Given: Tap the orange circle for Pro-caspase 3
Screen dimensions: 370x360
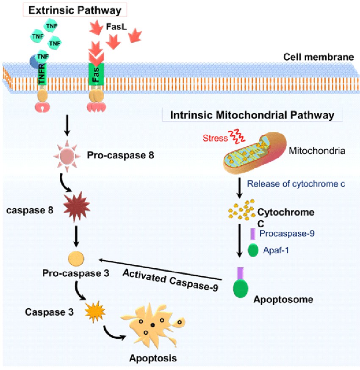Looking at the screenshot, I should (77, 258).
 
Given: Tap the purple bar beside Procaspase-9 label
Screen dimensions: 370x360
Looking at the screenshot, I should (252, 234).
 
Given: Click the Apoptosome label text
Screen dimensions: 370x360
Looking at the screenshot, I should (283, 299).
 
